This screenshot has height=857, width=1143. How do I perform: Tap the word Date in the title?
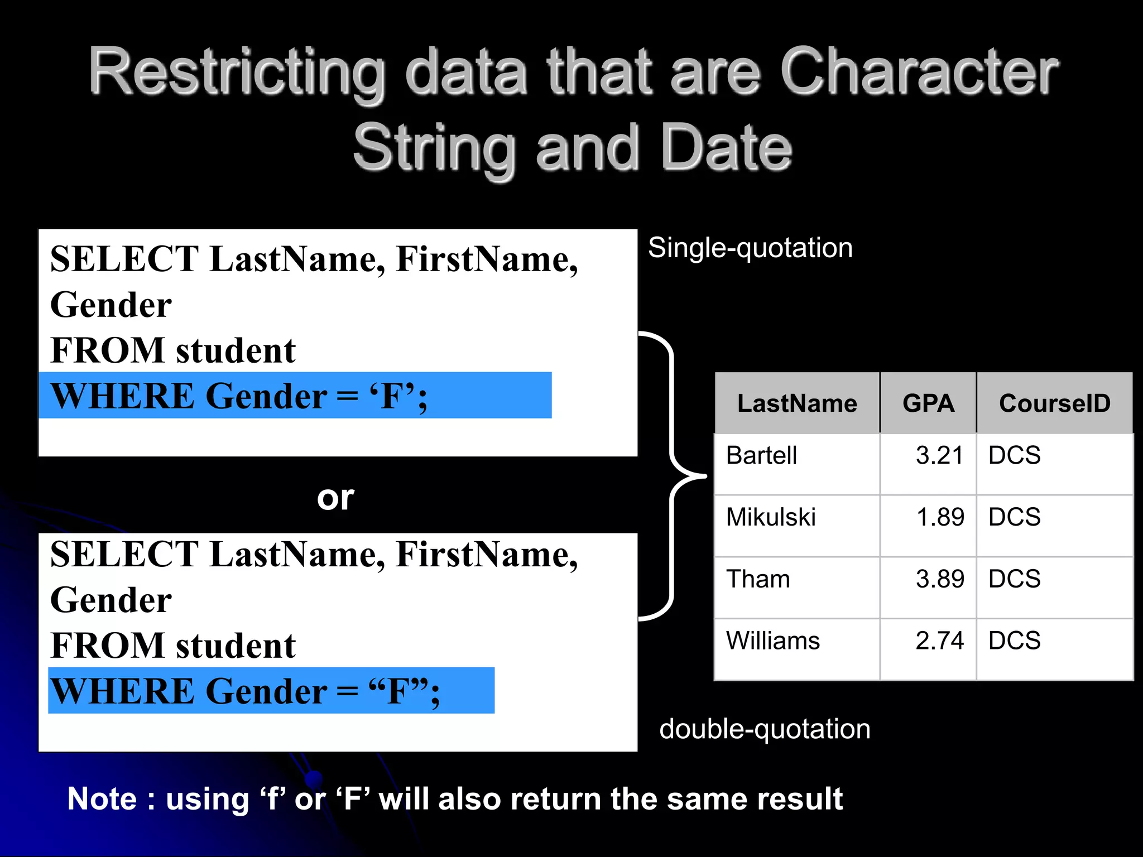click(726, 147)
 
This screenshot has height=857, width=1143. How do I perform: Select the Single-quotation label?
click(750, 248)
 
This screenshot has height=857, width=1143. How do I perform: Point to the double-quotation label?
click(765, 729)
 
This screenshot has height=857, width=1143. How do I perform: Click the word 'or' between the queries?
click(335, 497)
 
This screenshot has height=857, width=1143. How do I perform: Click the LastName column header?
click(797, 403)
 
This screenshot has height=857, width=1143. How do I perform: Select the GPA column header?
click(928, 403)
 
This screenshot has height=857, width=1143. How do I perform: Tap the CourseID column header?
click(1054, 403)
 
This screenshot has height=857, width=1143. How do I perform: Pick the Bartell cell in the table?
click(762, 455)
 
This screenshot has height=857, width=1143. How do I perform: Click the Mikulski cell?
click(771, 517)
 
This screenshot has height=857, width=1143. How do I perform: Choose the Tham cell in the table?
click(758, 579)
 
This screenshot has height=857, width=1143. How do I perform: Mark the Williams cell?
click(773, 641)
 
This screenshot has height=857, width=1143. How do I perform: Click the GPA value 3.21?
click(939, 455)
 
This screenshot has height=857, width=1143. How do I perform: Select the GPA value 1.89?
click(940, 517)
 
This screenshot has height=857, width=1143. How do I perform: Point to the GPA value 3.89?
click(940, 579)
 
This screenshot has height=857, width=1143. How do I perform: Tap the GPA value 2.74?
click(939, 641)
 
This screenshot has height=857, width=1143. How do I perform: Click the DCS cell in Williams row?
click(1014, 641)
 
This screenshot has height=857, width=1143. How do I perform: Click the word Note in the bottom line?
click(102, 798)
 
